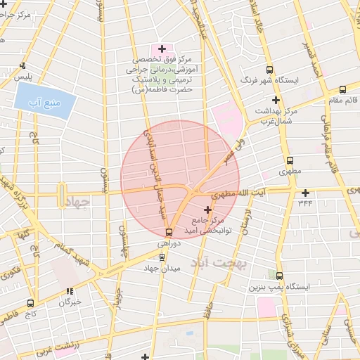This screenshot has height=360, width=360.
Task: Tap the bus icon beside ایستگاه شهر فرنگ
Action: click(269, 70)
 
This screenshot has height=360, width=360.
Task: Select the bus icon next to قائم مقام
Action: click(342, 90)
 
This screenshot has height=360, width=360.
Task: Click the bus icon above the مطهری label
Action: click(290, 161)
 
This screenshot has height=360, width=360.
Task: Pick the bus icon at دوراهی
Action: click(169, 232)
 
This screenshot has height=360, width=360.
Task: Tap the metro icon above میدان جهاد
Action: click(162, 257)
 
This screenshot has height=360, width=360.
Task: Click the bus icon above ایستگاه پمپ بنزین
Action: click(280, 276)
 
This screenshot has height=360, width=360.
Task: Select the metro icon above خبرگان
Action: click(70, 291)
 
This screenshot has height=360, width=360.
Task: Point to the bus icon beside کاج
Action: click(30, 303)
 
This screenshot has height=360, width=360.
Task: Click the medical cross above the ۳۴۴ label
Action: click(304, 193)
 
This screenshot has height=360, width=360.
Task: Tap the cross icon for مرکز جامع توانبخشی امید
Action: click(207, 210)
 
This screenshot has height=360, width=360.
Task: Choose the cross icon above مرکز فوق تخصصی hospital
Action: click(162, 49)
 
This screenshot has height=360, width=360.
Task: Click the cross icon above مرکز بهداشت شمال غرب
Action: click(276, 101)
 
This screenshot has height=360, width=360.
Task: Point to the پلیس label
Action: click(25, 75)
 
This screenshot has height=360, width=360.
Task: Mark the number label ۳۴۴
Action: click(304, 202)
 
